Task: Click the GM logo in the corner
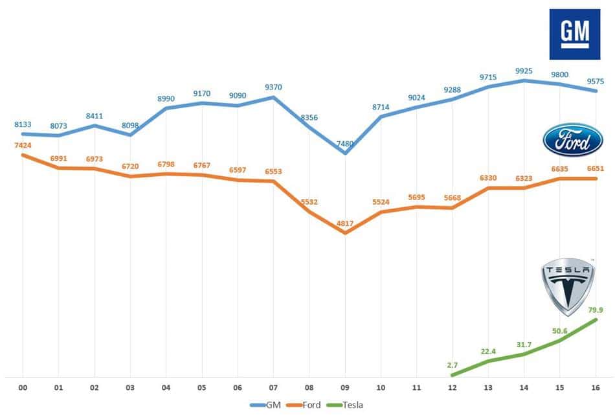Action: tap(574, 34)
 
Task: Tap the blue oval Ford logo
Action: tap(572, 140)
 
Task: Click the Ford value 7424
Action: tap(23, 146)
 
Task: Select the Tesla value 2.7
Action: tap(453, 365)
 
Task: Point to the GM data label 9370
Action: tap(273, 87)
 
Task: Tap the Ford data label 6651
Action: tap(596, 168)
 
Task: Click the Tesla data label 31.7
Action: tap(524, 344)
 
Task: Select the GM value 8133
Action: tap(23, 124)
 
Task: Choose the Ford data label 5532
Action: tap(309, 202)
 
